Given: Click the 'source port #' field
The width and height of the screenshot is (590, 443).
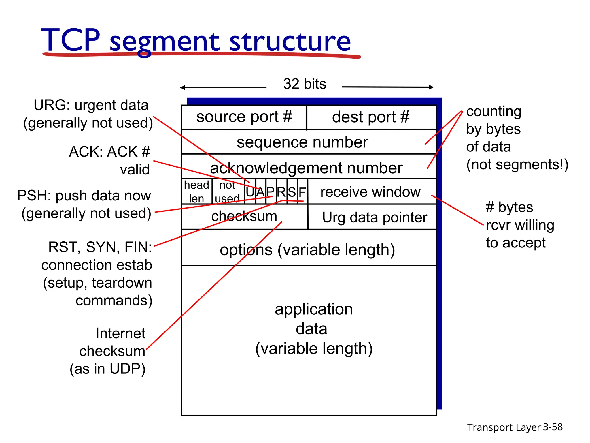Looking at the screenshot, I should click(x=244, y=117).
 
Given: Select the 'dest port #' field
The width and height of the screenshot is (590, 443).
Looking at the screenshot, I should click(x=371, y=117).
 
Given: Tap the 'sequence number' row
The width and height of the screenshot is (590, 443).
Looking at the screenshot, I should click(x=302, y=142).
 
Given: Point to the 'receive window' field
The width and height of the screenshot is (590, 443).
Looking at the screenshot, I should click(x=370, y=192).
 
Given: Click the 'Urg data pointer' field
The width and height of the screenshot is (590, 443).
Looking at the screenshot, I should click(x=374, y=217).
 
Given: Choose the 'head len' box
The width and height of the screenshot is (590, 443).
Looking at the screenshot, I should click(x=196, y=192).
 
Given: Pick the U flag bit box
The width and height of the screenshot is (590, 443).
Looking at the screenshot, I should click(x=250, y=192).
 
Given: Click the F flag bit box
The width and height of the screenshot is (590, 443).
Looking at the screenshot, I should click(x=302, y=192).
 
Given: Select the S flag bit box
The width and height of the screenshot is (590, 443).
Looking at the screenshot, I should click(x=292, y=192).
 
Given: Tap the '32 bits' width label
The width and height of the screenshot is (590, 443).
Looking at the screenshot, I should click(x=305, y=84).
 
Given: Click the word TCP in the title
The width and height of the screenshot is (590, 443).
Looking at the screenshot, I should click(x=71, y=40).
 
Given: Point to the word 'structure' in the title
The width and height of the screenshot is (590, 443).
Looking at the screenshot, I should click(x=290, y=42).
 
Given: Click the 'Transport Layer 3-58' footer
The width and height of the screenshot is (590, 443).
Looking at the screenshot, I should click(x=515, y=427).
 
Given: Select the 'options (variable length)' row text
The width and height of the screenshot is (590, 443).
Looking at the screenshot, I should click(x=307, y=250).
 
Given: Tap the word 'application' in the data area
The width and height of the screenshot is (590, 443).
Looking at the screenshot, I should click(x=313, y=309).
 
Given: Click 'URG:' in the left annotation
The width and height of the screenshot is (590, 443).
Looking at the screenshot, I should click(x=52, y=105).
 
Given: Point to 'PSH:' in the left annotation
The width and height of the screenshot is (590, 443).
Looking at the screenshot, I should click(x=34, y=196).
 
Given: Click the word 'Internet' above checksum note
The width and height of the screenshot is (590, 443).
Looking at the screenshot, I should click(x=120, y=333).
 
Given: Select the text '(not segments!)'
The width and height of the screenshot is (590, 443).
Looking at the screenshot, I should click(x=517, y=165).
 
